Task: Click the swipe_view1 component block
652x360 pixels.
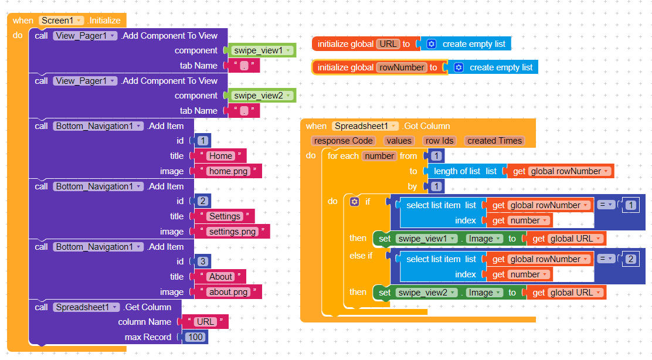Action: pyautogui.click(x=262, y=50)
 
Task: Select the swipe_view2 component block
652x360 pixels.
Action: pyautogui.click(x=262, y=96)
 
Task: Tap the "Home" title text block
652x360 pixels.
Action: pyautogui.click(x=220, y=156)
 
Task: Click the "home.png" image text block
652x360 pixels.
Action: pyautogui.click(x=228, y=171)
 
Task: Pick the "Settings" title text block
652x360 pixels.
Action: pyautogui.click(x=225, y=216)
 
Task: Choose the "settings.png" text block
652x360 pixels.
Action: pyautogui.click(x=232, y=232)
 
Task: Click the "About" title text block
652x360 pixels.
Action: pyautogui.click(x=220, y=277)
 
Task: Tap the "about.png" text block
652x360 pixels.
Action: pyautogui.click(x=228, y=292)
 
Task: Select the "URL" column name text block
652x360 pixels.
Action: pyautogui.click(x=205, y=322)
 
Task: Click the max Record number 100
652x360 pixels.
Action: pyautogui.click(x=195, y=337)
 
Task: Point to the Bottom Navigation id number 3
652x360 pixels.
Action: pyautogui.click(x=202, y=261)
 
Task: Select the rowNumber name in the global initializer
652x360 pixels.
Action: pyautogui.click(x=401, y=67)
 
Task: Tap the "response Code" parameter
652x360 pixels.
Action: pyautogui.click(x=343, y=141)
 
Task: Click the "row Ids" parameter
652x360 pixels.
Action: pyautogui.click(x=440, y=141)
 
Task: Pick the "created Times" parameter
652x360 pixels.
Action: pyautogui.click(x=494, y=141)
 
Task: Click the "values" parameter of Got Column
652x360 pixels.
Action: pyautogui.click(x=399, y=141)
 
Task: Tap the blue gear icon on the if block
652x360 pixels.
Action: pyautogui.click(x=354, y=202)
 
